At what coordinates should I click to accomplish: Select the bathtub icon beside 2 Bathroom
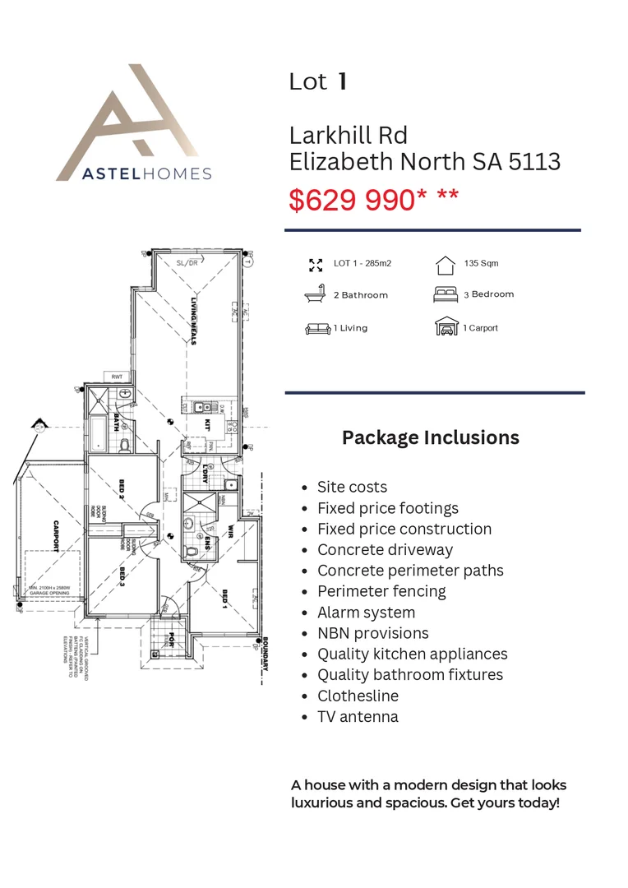click(x=315, y=294)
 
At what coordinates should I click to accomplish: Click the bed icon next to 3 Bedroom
click(x=446, y=294)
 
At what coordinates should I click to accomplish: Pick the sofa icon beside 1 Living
click(x=316, y=328)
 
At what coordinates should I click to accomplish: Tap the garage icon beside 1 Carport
click(x=446, y=327)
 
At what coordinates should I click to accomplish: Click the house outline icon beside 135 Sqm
click(x=445, y=264)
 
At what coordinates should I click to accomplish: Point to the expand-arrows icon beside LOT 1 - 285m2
click(x=315, y=264)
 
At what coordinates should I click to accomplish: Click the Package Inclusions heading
click(x=430, y=437)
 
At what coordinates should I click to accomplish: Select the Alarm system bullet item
click(x=366, y=613)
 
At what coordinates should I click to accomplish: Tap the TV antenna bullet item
click(x=358, y=716)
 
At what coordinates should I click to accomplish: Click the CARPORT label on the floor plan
click(x=55, y=536)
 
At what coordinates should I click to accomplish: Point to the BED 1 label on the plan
click(x=224, y=599)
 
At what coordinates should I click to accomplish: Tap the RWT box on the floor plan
click(x=116, y=377)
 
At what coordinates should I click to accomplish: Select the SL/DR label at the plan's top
click(x=187, y=263)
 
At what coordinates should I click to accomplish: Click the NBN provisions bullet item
click(x=373, y=633)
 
